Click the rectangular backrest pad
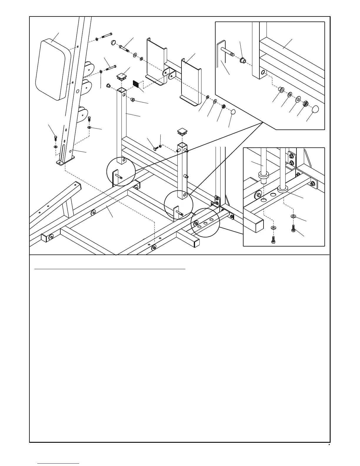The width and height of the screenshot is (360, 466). [53, 70]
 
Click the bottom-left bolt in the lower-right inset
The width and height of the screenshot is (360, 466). [274, 239]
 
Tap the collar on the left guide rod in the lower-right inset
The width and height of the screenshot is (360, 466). [263, 176]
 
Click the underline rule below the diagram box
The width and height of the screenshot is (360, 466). [110, 269]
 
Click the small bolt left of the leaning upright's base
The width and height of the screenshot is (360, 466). [55, 138]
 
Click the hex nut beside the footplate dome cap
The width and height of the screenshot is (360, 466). [223, 106]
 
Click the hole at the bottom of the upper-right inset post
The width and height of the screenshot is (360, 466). [263, 72]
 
